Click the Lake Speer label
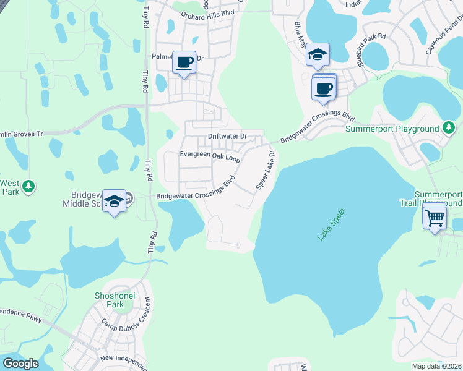[x=331, y=224]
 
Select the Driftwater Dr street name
[x=227, y=135]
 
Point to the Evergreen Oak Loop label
[x=210, y=156]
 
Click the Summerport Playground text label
[x=391, y=129]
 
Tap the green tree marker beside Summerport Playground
[x=449, y=128]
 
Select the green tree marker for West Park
[x=27, y=185]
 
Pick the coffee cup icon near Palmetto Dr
[x=184, y=62]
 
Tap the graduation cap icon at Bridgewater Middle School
[x=114, y=200]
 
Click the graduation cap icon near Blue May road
[x=318, y=54]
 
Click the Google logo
[x=21, y=364]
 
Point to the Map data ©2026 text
[x=437, y=366]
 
